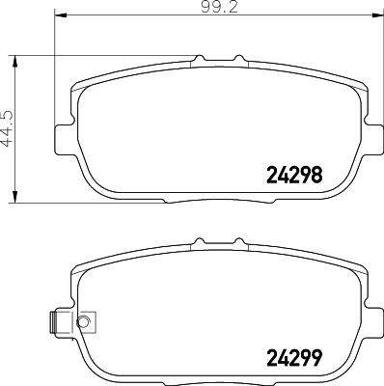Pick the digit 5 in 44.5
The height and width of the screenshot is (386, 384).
pos(8,114)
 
